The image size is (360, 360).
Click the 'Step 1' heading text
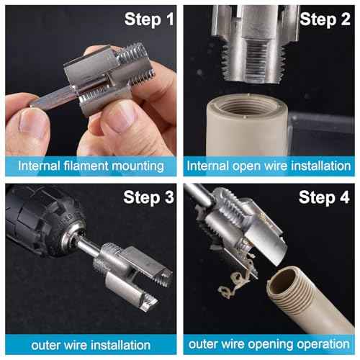click(x=150, y=19)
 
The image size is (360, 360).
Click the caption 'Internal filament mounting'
click(x=91, y=166)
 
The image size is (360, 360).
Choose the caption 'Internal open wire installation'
click(x=269, y=166)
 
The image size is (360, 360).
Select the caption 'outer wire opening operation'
click(x=269, y=345)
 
